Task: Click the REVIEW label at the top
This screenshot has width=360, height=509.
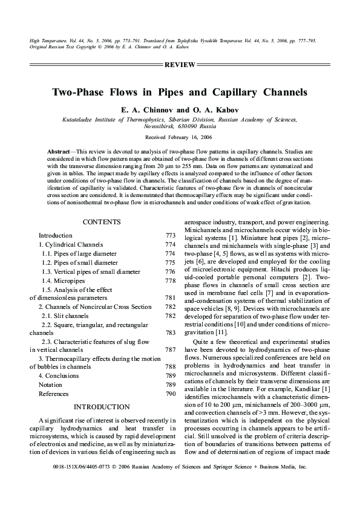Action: point(180,64)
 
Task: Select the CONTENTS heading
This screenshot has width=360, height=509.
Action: point(102,222)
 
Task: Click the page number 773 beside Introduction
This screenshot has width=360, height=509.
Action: point(170,235)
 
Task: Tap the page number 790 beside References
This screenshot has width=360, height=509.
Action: point(170,394)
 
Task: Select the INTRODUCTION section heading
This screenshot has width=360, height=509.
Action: point(102,407)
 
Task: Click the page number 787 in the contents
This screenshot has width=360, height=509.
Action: point(170,349)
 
